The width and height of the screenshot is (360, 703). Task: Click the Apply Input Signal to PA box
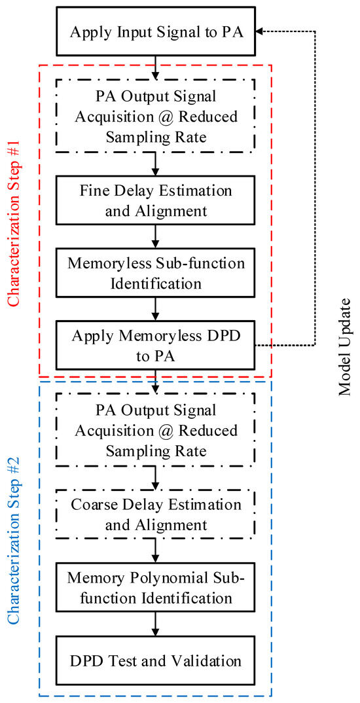tap(156, 31)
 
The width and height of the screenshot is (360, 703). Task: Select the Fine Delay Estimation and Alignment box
tap(156, 200)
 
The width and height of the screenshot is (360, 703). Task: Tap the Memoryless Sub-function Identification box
tap(156, 274)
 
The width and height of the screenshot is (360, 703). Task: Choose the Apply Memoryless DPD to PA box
tap(156, 345)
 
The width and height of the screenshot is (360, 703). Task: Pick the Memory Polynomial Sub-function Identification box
tap(156, 588)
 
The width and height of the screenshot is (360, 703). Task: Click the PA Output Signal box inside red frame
tap(156, 116)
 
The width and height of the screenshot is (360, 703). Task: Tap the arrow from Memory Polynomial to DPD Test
tap(156, 624)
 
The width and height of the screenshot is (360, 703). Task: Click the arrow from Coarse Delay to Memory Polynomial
tap(156, 552)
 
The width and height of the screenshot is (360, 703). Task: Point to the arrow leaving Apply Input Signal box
tap(156, 67)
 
